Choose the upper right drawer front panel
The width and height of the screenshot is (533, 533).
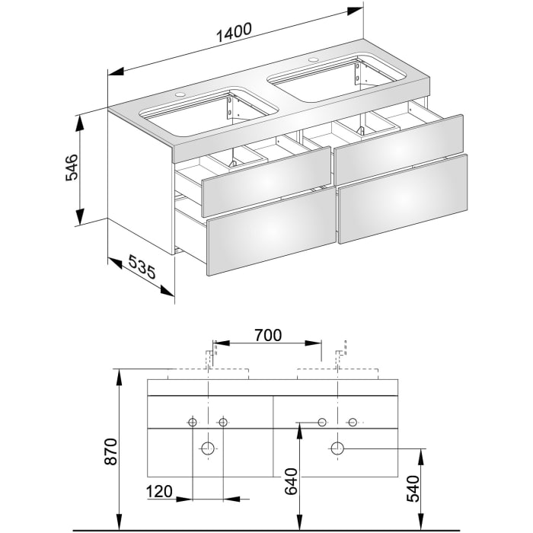click(399, 142)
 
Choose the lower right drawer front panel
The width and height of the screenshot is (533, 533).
click(403, 198)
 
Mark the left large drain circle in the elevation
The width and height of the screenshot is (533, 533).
click(207, 447)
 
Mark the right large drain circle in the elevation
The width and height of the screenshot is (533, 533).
click(337, 447)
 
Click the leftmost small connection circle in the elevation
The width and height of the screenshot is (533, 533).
click(192, 422)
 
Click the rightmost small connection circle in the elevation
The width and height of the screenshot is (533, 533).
click(353, 422)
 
